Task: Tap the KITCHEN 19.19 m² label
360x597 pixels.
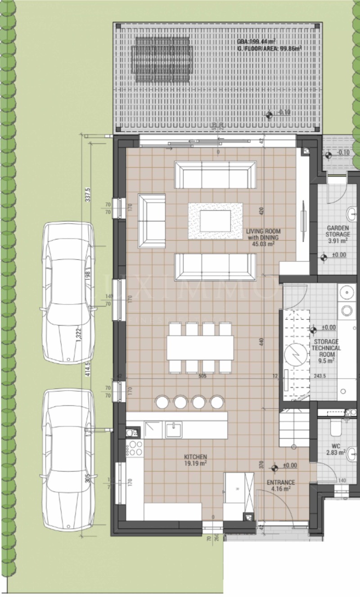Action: click(195, 459)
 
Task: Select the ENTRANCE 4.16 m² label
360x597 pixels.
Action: click(281, 485)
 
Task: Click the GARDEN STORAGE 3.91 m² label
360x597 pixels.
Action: click(338, 234)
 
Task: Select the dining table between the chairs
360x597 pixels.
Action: click(200, 347)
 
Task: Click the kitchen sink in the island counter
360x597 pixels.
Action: click(173, 430)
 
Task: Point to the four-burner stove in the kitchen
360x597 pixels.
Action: click(135, 448)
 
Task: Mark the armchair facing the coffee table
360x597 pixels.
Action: click(152, 220)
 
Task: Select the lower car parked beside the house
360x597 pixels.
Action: click(68, 461)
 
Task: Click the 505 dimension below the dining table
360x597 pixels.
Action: click(202, 376)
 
